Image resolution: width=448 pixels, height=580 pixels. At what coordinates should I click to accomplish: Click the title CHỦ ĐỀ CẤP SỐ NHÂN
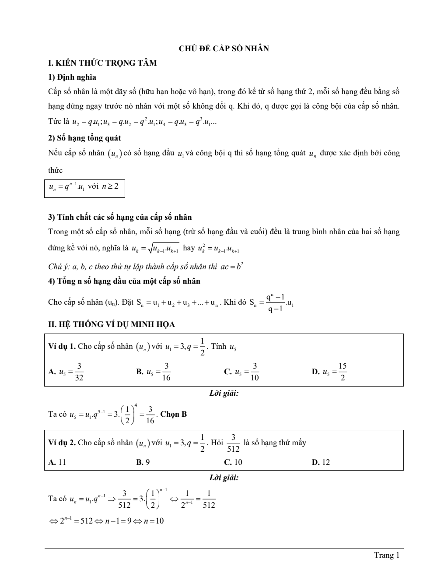tap(224, 49)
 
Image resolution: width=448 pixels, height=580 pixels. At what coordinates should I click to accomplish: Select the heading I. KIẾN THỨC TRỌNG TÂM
tap(102, 63)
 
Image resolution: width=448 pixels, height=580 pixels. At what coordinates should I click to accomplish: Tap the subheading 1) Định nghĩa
tap(72, 77)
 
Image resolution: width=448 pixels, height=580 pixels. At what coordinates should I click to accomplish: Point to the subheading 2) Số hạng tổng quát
tap(84, 138)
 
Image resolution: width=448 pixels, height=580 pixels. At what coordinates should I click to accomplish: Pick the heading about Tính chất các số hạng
tap(119, 217)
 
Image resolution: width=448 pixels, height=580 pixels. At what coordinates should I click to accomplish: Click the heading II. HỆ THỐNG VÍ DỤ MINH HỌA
tap(111, 324)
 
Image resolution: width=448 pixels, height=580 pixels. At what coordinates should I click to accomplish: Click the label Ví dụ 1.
tap(62, 347)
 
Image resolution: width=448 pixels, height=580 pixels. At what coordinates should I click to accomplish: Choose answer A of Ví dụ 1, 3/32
tap(66, 372)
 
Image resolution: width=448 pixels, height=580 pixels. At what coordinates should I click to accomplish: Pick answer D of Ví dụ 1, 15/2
tap(329, 372)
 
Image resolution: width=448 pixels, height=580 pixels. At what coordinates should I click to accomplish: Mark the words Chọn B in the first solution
tap(174, 414)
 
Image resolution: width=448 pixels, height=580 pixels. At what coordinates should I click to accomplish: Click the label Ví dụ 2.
tap(62, 443)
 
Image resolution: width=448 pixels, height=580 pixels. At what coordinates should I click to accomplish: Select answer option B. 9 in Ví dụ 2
tap(143, 462)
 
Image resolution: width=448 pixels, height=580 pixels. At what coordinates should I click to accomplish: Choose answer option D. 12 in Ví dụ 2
tap(321, 462)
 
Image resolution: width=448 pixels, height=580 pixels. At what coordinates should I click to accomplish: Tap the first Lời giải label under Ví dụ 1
tap(224, 394)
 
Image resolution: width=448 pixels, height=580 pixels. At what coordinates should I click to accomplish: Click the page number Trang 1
tap(387, 555)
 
